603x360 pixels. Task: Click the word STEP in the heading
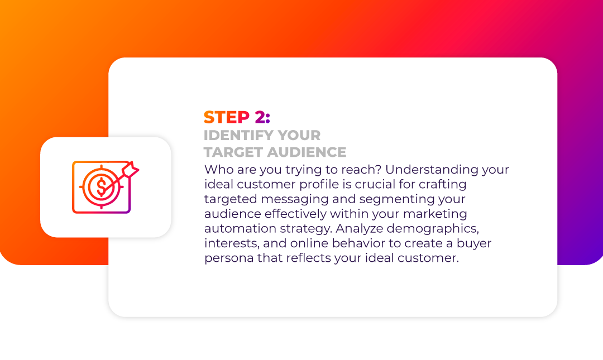point(227,117)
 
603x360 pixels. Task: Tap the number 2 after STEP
point(260,117)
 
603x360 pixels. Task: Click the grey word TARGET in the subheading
point(233,152)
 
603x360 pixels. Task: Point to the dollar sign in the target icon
point(101,186)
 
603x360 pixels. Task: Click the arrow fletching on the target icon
point(130,169)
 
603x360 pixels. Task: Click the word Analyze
point(359,228)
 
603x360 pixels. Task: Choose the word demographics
point(433,228)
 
